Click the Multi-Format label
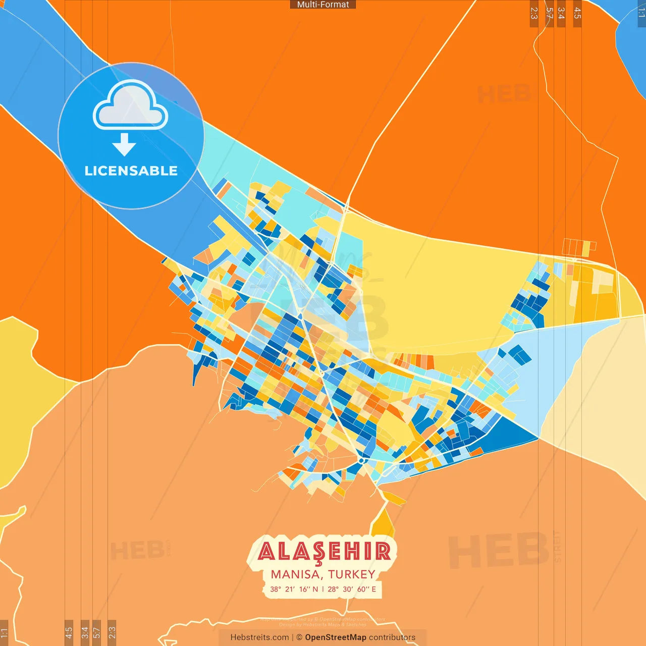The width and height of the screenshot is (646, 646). pyautogui.click(x=323, y=5)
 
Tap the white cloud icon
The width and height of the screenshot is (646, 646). pyautogui.click(x=130, y=106)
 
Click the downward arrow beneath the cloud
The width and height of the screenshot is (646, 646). pyautogui.click(x=124, y=144)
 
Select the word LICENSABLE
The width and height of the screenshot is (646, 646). pyautogui.click(x=131, y=171)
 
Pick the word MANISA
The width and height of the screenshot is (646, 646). pyautogui.click(x=296, y=574)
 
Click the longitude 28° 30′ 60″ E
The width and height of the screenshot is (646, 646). pyautogui.click(x=352, y=589)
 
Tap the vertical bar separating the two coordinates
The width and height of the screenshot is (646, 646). pyautogui.click(x=323, y=589)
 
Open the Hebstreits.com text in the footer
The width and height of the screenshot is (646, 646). pyautogui.click(x=259, y=637)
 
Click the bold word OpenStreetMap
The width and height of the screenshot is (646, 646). pyautogui.click(x=336, y=637)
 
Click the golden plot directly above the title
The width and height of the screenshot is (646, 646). pyautogui.click(x=385, y=523)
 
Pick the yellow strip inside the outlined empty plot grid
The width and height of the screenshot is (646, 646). pyautogui.click(x=586, y=248)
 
